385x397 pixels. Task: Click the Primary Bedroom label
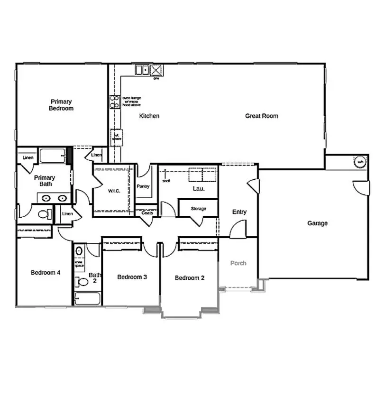pyautogui.click(x=61, y=105)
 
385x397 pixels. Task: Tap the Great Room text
pyautogui.click(x=261, y=116)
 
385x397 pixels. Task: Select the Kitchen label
pyautogui.click(x=149, y=116)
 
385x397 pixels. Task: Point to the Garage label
pyautogui.click(x=317, y=223)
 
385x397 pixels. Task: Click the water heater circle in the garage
pyautogui.click(x=360, y=162)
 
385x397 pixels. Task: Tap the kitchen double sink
pyautogui.click(x=142, y=70)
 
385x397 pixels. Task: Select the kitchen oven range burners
pyautogui.click(x=115, y=102)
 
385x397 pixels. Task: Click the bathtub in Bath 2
pyautogui.click(x=87, y=299)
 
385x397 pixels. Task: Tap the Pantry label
pyautogui.click(x=143, y=186)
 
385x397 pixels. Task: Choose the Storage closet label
pyautogui.click(x=198, y=209)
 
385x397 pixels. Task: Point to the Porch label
pyautogui.click(x=238, y=263)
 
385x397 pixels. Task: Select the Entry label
pyautogui.click(x=239, y=212)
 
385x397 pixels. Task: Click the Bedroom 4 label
pyautogui.click(x=46, y=272)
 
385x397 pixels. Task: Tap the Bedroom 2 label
pyautogui.click(x=190, y=277)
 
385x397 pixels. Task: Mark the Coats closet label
pyautogui.click(x=147, y=213)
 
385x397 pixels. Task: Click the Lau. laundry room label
pyautogui.click(x=199, y=188)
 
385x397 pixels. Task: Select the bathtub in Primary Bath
pyautogui.click(x=52, y=156)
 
